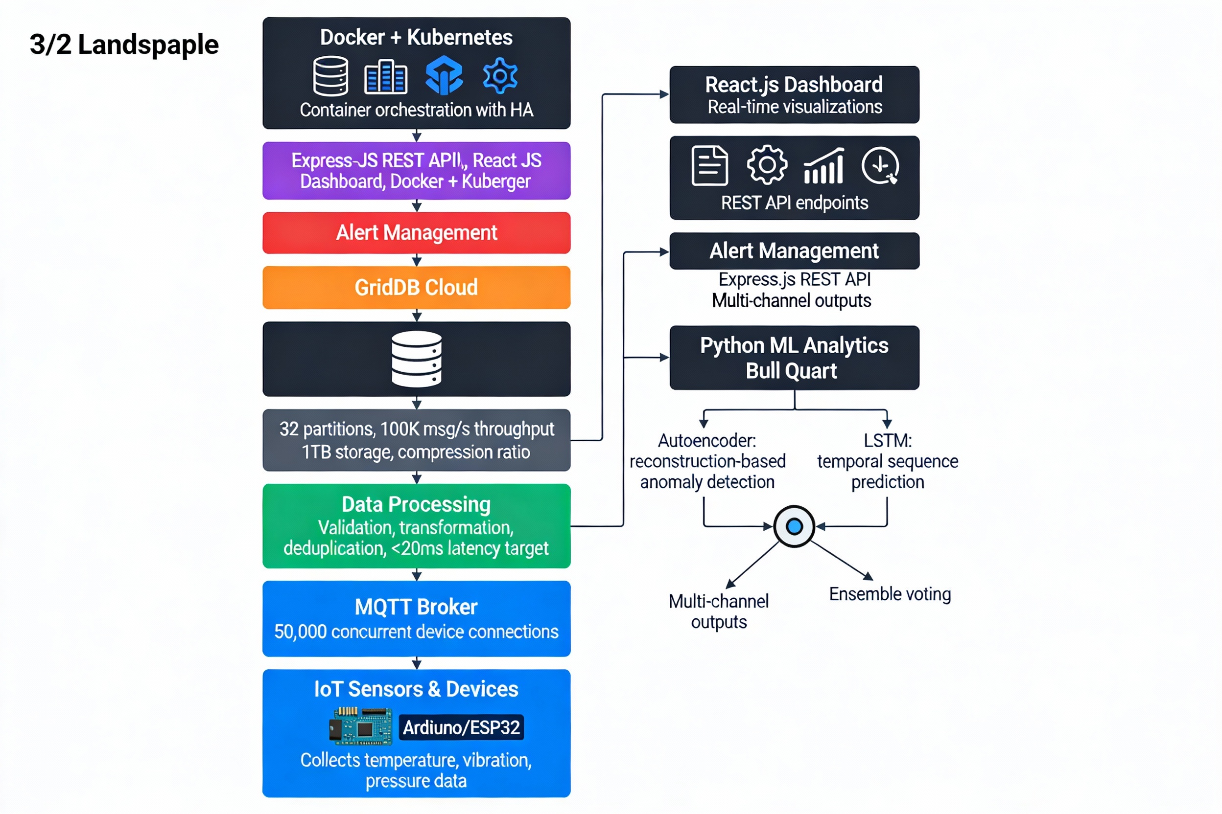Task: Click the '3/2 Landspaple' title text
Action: tap(124, 45)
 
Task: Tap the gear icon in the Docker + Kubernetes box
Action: tap(500, 76)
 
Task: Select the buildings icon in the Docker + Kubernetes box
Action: tap(385, 77)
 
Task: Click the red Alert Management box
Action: tap(416, 232)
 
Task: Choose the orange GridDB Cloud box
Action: tap(416, 288)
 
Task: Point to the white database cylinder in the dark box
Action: tap(416, 359)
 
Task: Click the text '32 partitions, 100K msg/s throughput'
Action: tap(416, 430)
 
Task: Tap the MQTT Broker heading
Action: tap(416, 607)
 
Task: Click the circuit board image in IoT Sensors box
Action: tap(360, 726)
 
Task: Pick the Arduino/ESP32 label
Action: tap(461, 727)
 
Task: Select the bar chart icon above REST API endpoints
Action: tap(823, 166)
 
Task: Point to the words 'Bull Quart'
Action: tap(791, 371)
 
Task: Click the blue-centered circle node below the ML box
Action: tap(794, 526)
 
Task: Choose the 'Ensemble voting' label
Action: tap(890, 594)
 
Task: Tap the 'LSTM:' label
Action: tap(888, 441)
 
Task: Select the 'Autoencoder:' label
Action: tap(706, 441)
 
